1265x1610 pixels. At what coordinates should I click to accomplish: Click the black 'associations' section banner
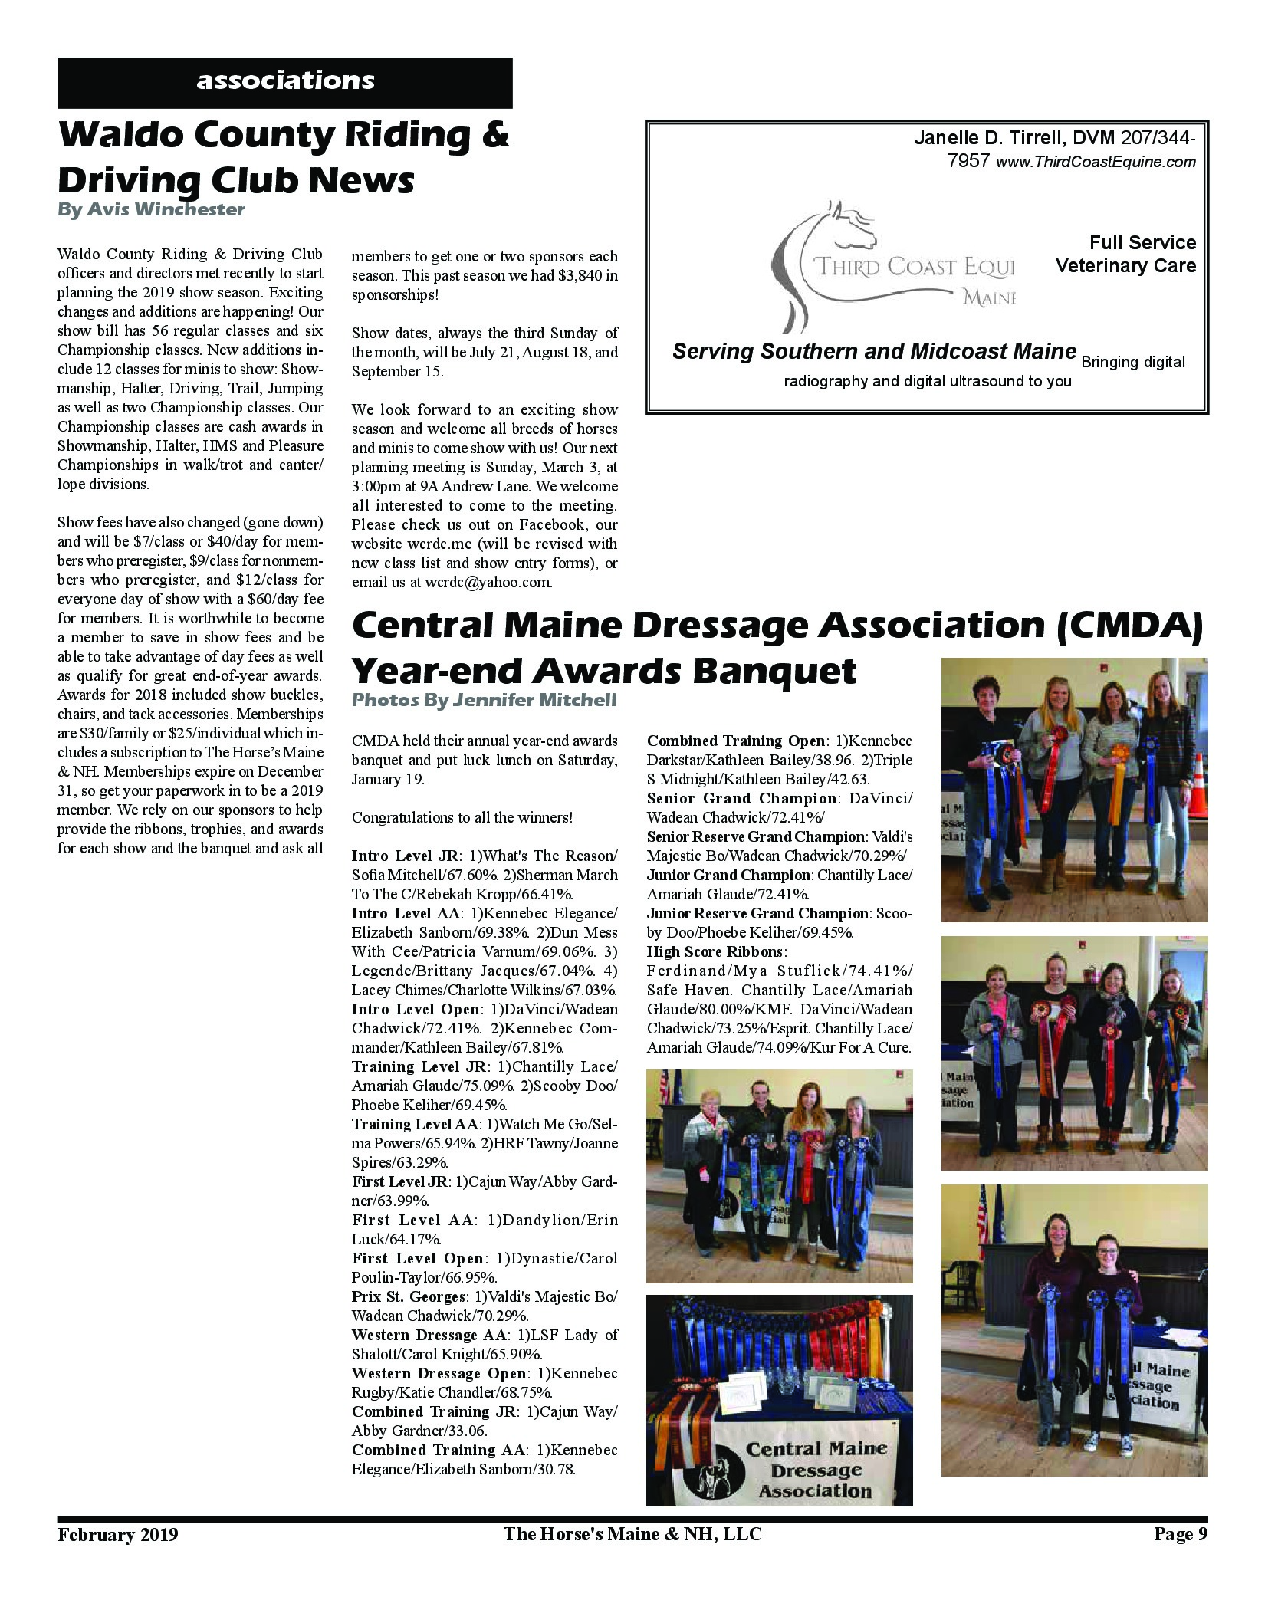285,82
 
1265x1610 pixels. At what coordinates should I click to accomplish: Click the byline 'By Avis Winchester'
151,209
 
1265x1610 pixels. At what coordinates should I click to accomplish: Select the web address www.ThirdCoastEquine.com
1096,162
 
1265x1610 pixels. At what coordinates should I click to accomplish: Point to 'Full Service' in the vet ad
1142,243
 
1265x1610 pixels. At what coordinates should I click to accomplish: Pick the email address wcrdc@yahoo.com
485,582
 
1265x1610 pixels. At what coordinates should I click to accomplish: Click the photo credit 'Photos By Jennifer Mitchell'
483,700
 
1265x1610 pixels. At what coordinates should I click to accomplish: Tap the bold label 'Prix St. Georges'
408,1296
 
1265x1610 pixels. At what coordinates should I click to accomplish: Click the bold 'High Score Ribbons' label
715,951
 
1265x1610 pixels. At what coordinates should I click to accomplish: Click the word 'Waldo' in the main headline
119,136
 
